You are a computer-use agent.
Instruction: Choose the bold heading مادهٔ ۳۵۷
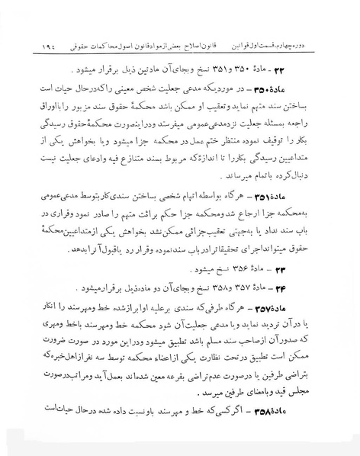pyautogui.click(x=310, y=313)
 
